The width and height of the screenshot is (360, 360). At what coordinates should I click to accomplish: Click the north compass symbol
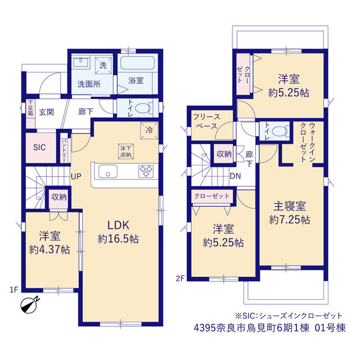pyautogui.click(x=30, y=305)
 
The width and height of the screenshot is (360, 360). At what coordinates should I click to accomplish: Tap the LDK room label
pyautogui.click(x=119, y=225)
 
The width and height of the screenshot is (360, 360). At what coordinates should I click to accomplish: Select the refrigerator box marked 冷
pyautogui.click(x=149, y=130)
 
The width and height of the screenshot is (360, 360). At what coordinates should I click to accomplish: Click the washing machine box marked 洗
pyautogui.click(x=103, y=65)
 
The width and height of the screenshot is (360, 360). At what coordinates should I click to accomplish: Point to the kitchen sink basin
pyautogui.click(x=108, y=171)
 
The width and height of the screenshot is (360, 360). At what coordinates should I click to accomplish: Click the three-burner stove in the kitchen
pyautogui.click(x=146, y=171)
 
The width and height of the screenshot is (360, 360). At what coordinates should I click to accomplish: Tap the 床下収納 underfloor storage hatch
pyautogui.click(x=126, y=151)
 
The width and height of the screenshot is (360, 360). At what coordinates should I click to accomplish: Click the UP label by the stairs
pyautogui.click(x=76, y=176)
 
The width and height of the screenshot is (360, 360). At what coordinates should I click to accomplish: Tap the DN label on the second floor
pyautogui.click(x=235, y=176)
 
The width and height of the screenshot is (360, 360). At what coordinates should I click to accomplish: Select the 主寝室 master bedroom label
pyautogui.click(x=290, y=206)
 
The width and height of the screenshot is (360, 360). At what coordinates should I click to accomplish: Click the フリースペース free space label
pyautogui.click(x=206, y=121)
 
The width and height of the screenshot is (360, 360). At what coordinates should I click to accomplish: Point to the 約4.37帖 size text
pyautogui.click(x=49, y=250)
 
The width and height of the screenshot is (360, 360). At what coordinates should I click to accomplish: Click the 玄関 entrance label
pyautogui.click(x=46, y=112)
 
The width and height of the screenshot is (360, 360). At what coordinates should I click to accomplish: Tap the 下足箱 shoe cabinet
pyautogui.click(x=30, y=114)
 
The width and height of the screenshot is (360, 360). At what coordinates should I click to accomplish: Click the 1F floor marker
pyautogui.click(x=13, y=290)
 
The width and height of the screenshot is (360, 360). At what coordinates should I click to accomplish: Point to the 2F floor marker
pyautogui.click(x=181, y=278)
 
